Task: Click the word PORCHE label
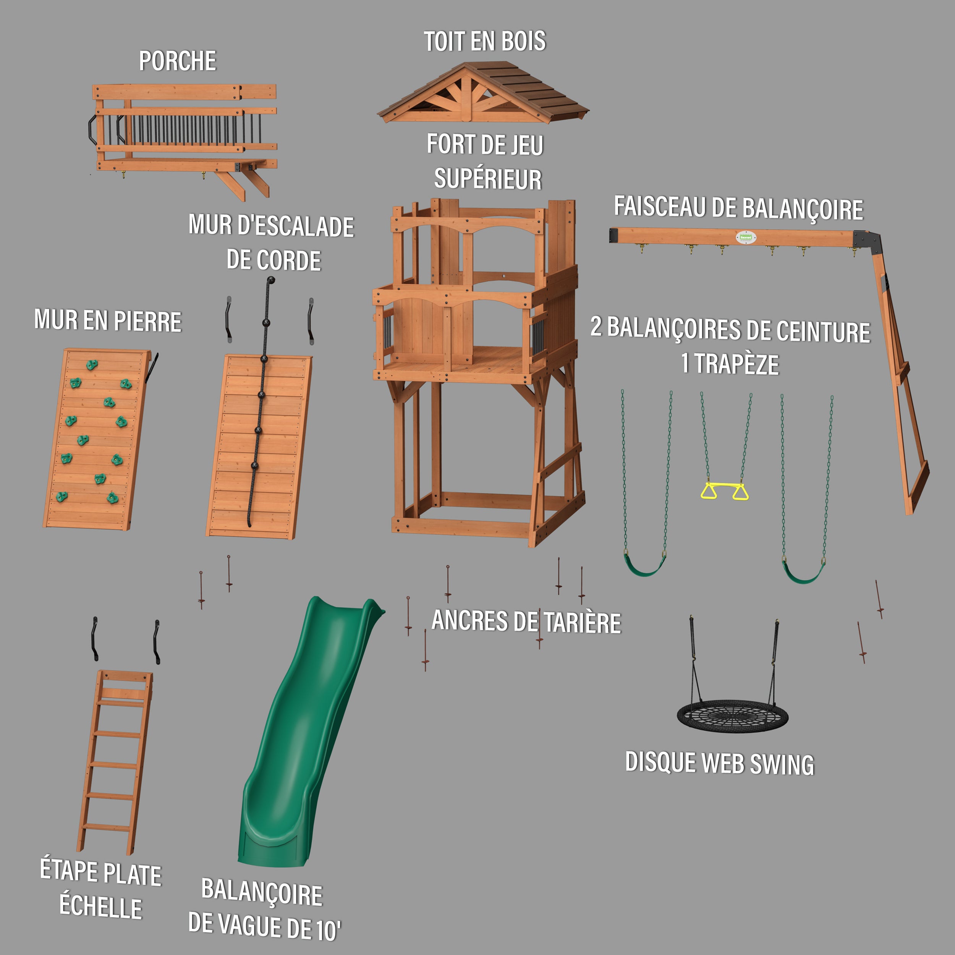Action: pyautogui.click(x=178, y=61)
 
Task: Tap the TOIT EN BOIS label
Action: pyautogui.click(x=484, y=42)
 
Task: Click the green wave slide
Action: pyautogui.click(x=301, y=741)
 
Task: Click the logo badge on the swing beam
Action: pyautogui.click(x=745, y=237)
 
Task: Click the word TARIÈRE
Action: pyautogui.click(x=583, y=623)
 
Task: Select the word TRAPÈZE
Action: pyautogui.click(x=736, y=364)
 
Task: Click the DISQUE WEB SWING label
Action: pyautogui.click(x=719, y=764)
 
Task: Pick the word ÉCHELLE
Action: pyautogui.click(x=101, y=907)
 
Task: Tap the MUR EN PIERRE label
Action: pyautogui.click(x=108, y=320)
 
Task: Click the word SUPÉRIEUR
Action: pyautogui.click(x=487, y=179)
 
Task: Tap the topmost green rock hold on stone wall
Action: pyautogui.click(x=92, y=365)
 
